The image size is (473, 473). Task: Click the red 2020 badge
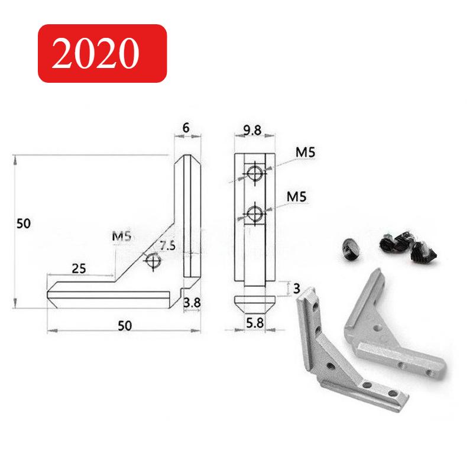point(102,53)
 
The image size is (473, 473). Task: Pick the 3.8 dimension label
point(192,303)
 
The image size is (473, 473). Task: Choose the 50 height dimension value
point(23,223)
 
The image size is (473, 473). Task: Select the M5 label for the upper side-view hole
point(304,153)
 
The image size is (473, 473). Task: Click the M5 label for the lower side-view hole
point(297,196)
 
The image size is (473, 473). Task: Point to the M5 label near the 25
point(121,238)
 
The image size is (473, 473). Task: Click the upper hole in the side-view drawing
point(255,173)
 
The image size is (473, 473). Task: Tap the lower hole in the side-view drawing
point(255,213)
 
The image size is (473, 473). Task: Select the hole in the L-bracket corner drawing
point(153,261)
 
